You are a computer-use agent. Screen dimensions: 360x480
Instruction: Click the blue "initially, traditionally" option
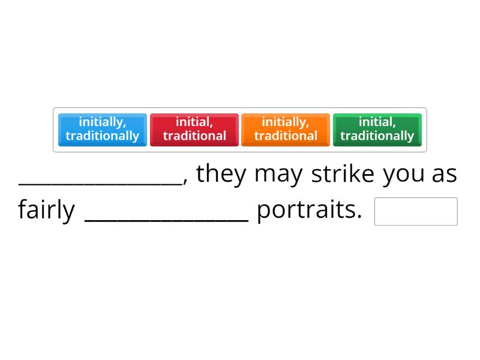pos(103,130)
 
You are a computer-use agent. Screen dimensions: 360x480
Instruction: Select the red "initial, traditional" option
pos(194,130)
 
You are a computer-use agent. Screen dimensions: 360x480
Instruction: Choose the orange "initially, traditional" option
pos(286,130)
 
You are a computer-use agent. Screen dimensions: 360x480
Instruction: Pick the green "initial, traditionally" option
pos(377,130)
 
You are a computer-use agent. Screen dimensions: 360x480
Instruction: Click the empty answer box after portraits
pos(416,211)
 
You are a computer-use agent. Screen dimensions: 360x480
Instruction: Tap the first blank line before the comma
pos(101,180)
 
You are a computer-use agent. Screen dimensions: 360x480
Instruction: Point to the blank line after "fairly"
pos(167,217)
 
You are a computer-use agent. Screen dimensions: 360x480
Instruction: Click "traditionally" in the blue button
pos(103,136)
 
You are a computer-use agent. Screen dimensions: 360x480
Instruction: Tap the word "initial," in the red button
pos(194,122)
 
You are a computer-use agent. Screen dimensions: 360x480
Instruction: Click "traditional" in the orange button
pos(286,136)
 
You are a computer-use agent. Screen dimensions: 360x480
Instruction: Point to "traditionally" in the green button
pos(377,136)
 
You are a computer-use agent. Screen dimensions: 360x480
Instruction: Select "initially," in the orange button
pos(286,122)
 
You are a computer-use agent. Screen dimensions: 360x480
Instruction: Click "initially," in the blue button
pos(103,122)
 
